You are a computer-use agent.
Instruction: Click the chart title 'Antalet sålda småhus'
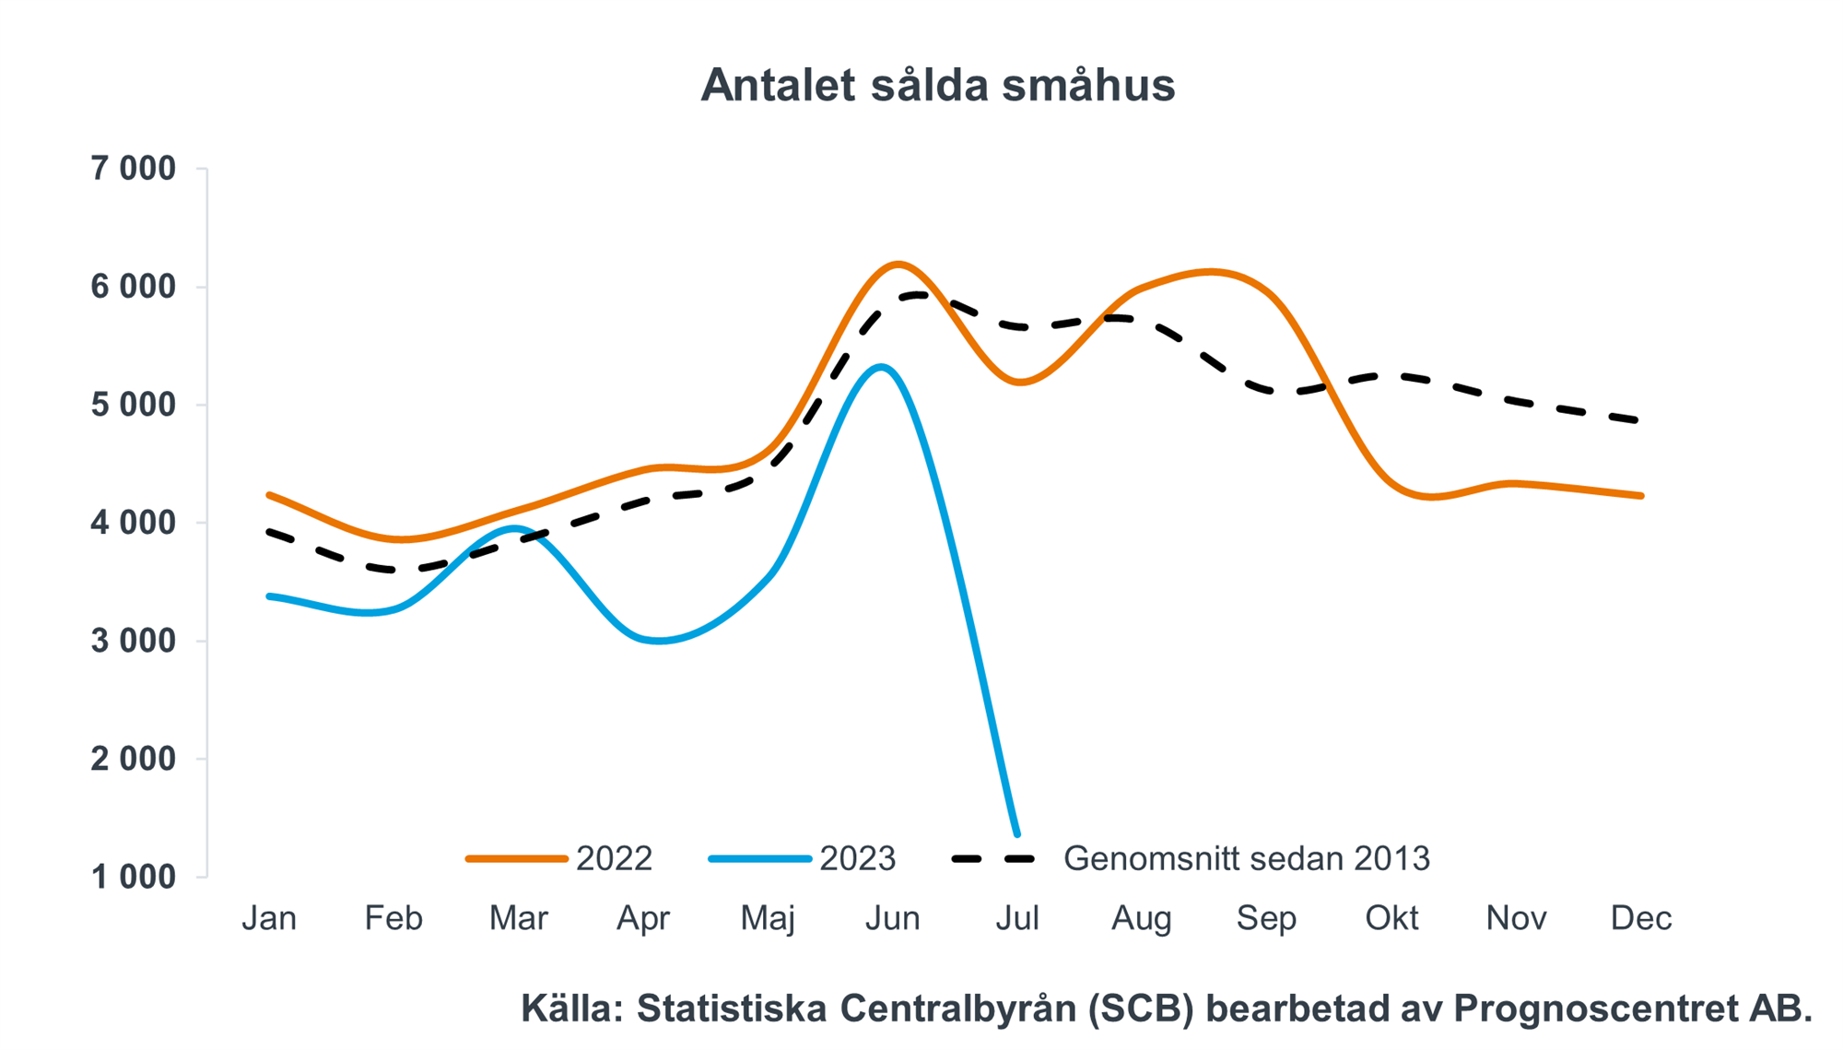coord(937,85)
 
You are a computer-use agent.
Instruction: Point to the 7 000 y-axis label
coord(133,169)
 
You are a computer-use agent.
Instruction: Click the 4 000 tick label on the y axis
coord(133,523)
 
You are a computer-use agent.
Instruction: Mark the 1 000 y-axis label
coord(133,877)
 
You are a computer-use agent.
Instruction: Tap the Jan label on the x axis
coord(269,918)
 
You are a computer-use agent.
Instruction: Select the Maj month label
coord(768,918)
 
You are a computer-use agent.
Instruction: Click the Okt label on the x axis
coord(1391,918)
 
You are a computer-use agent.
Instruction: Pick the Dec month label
coord(1641,918)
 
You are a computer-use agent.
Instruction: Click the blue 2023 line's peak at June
coord(882,367)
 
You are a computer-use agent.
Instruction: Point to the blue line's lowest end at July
coord(1017,834)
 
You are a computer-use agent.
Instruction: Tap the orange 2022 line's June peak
coord(898,265)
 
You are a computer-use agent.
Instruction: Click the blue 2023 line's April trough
coord(659,641)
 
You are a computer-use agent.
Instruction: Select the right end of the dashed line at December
coord(1639,420)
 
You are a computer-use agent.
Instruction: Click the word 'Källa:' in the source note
coord(572,1009)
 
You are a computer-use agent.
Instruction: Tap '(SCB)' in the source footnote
coord(1141,1009)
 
